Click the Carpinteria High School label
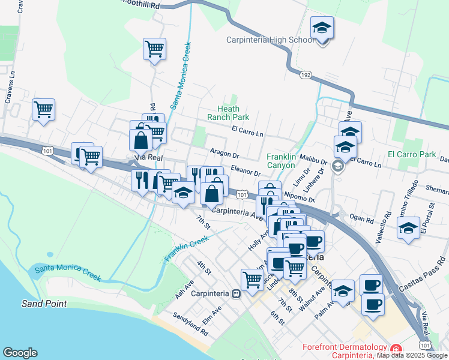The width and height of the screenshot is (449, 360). [x=270, y=40]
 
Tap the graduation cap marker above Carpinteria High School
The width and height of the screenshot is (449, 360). [x=322, y=28]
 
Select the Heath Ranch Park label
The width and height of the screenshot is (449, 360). [x=228, y=112]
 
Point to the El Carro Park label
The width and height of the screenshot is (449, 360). [x=412, y=154]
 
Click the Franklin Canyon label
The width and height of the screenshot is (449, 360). [x=282, y=161]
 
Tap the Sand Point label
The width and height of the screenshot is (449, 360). [x=44, y=304]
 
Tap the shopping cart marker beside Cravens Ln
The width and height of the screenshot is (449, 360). [x=43, y=110]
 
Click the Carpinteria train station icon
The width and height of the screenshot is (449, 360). [x=237, y=294]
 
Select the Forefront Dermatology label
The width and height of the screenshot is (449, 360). [x=344, y=347]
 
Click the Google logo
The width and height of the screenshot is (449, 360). [x=20, y=353]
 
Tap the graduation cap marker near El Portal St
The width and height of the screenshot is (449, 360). [x=409, y=229]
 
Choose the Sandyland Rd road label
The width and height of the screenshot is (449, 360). [x=190, y=324]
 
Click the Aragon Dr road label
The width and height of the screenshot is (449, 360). [x=224, y=153]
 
